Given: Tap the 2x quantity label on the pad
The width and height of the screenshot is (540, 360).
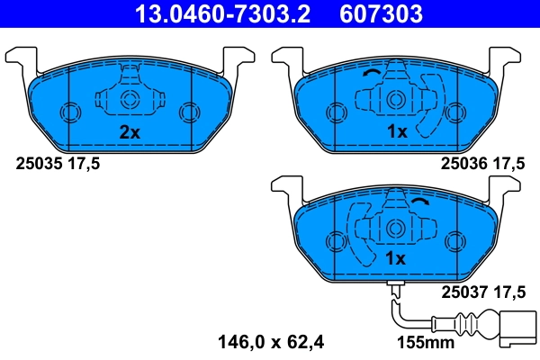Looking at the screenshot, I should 130,131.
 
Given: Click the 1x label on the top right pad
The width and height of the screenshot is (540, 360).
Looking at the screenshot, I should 396,131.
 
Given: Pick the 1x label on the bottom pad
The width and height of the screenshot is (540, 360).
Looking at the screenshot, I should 396,258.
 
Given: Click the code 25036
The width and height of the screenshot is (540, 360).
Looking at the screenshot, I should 462,164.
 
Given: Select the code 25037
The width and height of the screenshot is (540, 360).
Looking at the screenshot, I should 462,291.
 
